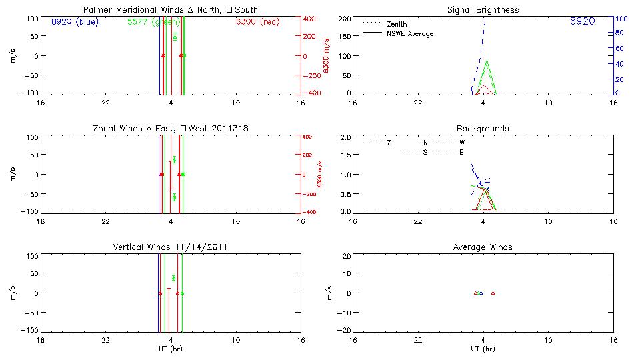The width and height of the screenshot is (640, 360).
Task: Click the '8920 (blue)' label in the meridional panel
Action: (x=74, y=21)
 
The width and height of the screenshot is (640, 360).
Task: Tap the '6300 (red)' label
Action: (x=257, y=21)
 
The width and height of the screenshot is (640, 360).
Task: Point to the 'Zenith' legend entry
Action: (x=397, y=24)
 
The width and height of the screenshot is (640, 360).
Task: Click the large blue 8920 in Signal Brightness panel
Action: (x=582, y=22)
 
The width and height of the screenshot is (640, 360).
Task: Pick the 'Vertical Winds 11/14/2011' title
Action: (x=170, y=247)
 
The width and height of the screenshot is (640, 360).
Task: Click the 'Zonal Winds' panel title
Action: (x=170, y=129)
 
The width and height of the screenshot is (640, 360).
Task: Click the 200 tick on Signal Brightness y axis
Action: (x=345, y=19)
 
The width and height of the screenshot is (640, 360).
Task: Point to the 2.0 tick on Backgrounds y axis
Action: (x=345, y=137)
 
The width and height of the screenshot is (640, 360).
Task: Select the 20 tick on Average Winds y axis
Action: (x=347, y=256)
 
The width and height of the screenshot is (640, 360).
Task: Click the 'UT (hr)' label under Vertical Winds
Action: (x=171, y=349)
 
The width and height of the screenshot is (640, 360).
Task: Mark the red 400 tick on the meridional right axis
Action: (x=309, y=19)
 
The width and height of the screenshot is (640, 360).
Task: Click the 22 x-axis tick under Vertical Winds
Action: (x=105, y=340)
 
